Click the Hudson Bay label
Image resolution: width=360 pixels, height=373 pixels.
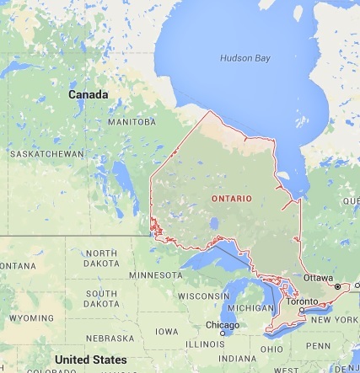(245, 58)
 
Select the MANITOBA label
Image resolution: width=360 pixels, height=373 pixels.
(132, 122)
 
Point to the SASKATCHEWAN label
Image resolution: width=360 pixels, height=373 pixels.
(46, 154)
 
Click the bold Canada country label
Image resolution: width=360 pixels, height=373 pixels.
(88, 95)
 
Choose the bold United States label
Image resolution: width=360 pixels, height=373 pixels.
(90, 360)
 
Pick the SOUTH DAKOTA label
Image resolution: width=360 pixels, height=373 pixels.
(101, 298)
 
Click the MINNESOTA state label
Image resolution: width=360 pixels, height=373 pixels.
(155, 274)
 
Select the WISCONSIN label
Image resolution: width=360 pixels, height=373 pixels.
(203, 296)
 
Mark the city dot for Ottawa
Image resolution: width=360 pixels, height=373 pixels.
(337, 287)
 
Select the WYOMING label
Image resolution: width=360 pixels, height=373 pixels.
(30, 318)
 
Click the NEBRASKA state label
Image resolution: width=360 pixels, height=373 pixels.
(109, 338)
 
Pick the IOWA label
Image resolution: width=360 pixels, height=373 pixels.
(166, 331)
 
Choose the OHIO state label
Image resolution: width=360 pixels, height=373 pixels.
(271, 349)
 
